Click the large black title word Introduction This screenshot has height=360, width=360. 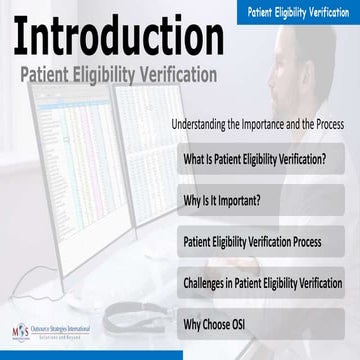click(105, 37)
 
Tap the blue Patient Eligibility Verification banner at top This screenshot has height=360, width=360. click(297, 11)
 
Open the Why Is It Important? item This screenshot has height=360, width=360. click(221, 200)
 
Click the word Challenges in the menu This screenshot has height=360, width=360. click(207, 282)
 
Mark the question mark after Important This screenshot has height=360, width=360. click(259, 200)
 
